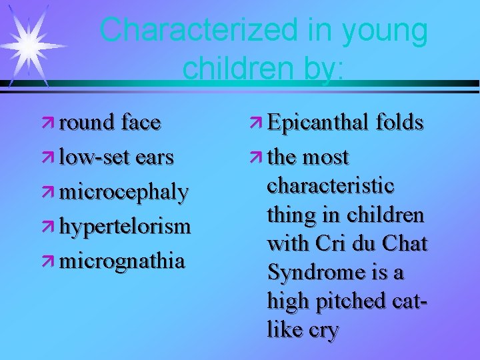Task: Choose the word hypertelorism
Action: pos(125,226)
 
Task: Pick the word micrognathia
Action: pos(121,260)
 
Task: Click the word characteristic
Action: pos(330,185)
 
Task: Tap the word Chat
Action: pos(404,244)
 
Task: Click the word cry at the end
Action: pos(323,329)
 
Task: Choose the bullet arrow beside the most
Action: pos(257,158)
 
